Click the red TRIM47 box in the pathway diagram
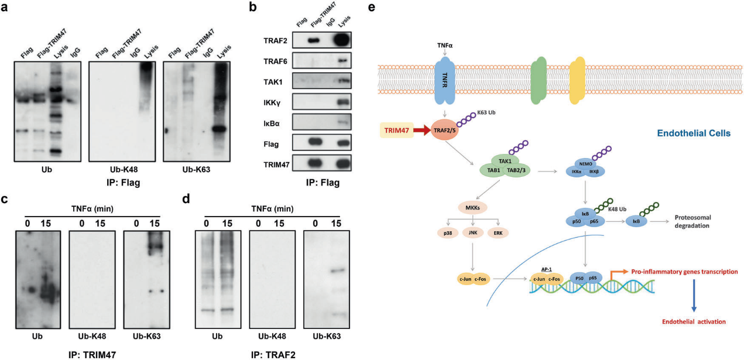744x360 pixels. pyautogui.click(x=396, y=130)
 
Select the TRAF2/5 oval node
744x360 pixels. pyautogui.click(x=444, y=130)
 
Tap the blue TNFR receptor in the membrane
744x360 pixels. pyautogui.click(x=445, y=80)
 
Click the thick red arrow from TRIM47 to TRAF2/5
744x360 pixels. pyautogui.click(x=422, y=130)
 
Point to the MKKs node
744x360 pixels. pyautogui.click(x=472, y=208)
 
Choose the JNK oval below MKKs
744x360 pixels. pyautogui.click(x=472, y=233)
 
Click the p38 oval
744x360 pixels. pyautogui.click(x=448, y=233)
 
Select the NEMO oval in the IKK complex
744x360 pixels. pyautogui.click(x=585, y=164)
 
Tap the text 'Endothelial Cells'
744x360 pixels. pyautogui.click(x=694, y=133)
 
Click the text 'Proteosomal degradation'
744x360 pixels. pyautogui.click(x=693, y=221)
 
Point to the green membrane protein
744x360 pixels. pyautogui.click(x=539, y=80)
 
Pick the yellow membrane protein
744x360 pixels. pyautogui.click(x=577, y=80)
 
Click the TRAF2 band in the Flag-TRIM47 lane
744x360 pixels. pyautogui.click(x=314, y=40)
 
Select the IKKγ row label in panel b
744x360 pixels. pyautogui.click(x=272, y=103)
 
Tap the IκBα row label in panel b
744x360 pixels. pyautogui.click(x=272, y=124)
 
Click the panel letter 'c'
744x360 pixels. pyautogui.click(x=5, y=199)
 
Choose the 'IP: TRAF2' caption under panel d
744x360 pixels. pyautogui.click(x=273, y=355)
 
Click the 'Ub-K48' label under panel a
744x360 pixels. pyautogui.click(x=124, y=170)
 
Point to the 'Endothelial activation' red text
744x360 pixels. pyautogui.click(x=694, y=321)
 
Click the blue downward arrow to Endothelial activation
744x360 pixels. pyautogui.click(x=694, y=296)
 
